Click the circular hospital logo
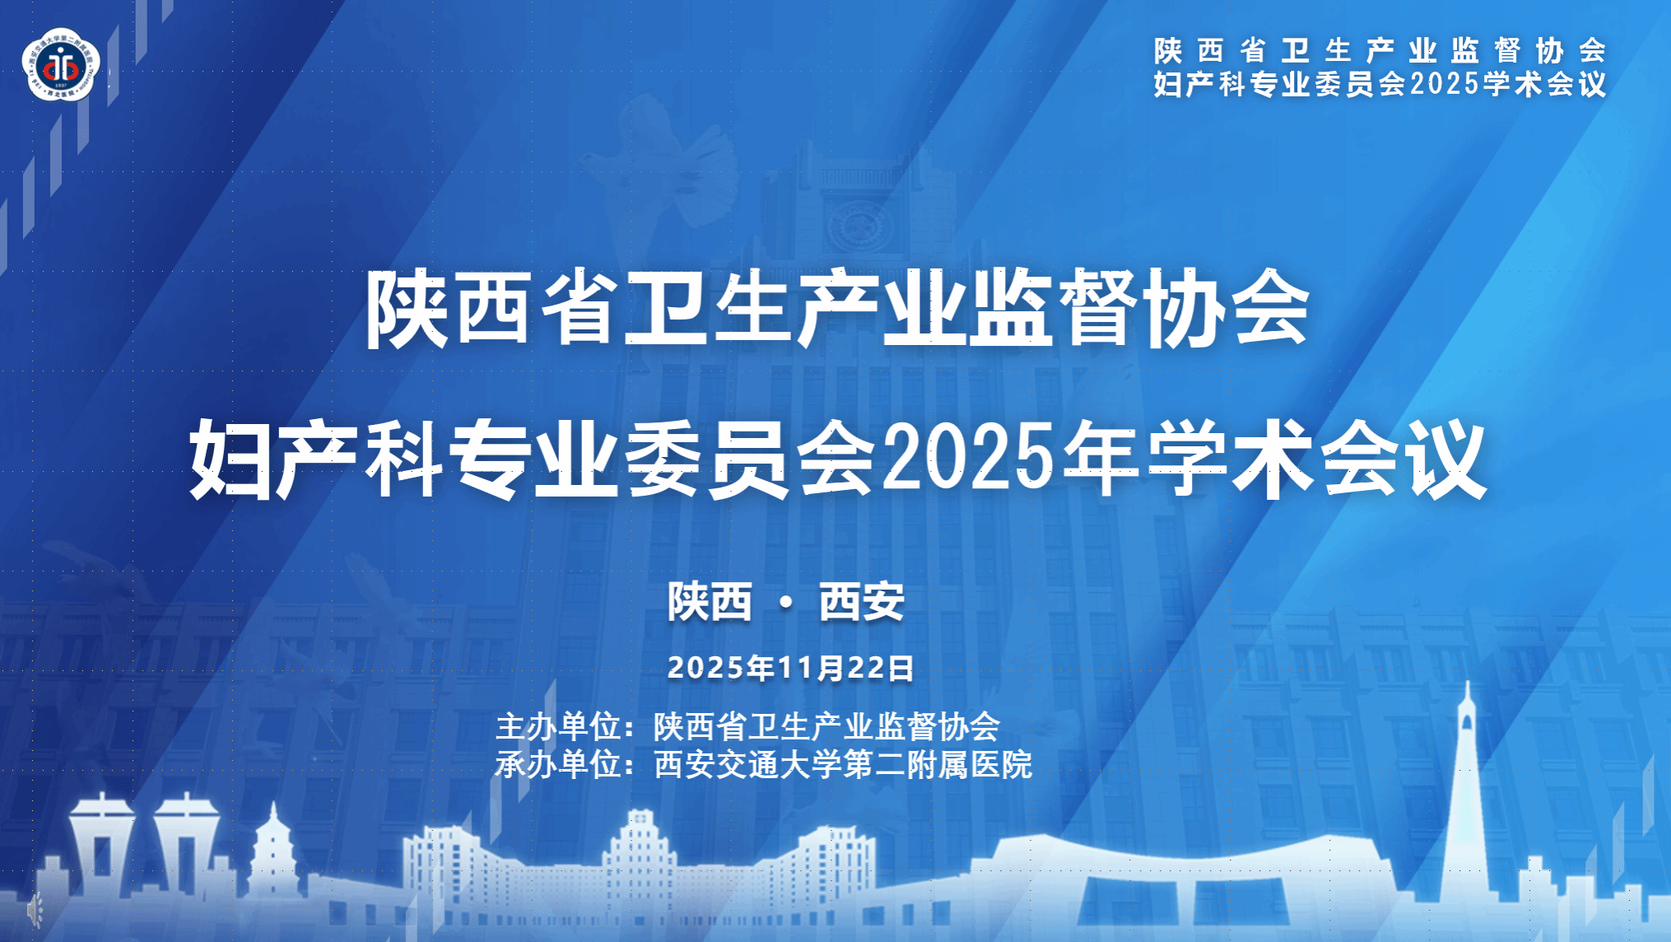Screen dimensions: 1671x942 [x=61, y=65]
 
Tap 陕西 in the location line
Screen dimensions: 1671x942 [x=710, y=602]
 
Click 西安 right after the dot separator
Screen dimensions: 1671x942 [x=862, y=602]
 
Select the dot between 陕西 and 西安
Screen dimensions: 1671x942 [x=786, y=603]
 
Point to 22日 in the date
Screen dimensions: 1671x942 [x=881, y=668]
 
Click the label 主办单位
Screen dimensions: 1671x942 [x=557, y=726]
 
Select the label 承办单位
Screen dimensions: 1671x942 [x=557, y=764]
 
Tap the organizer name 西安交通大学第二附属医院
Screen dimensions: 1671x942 [x=843, y=764]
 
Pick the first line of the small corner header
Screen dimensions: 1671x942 [x=1380, y=50]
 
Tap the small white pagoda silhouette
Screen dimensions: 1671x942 [x=273, y=848]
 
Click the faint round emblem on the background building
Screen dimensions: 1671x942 [x=861, y=223]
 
